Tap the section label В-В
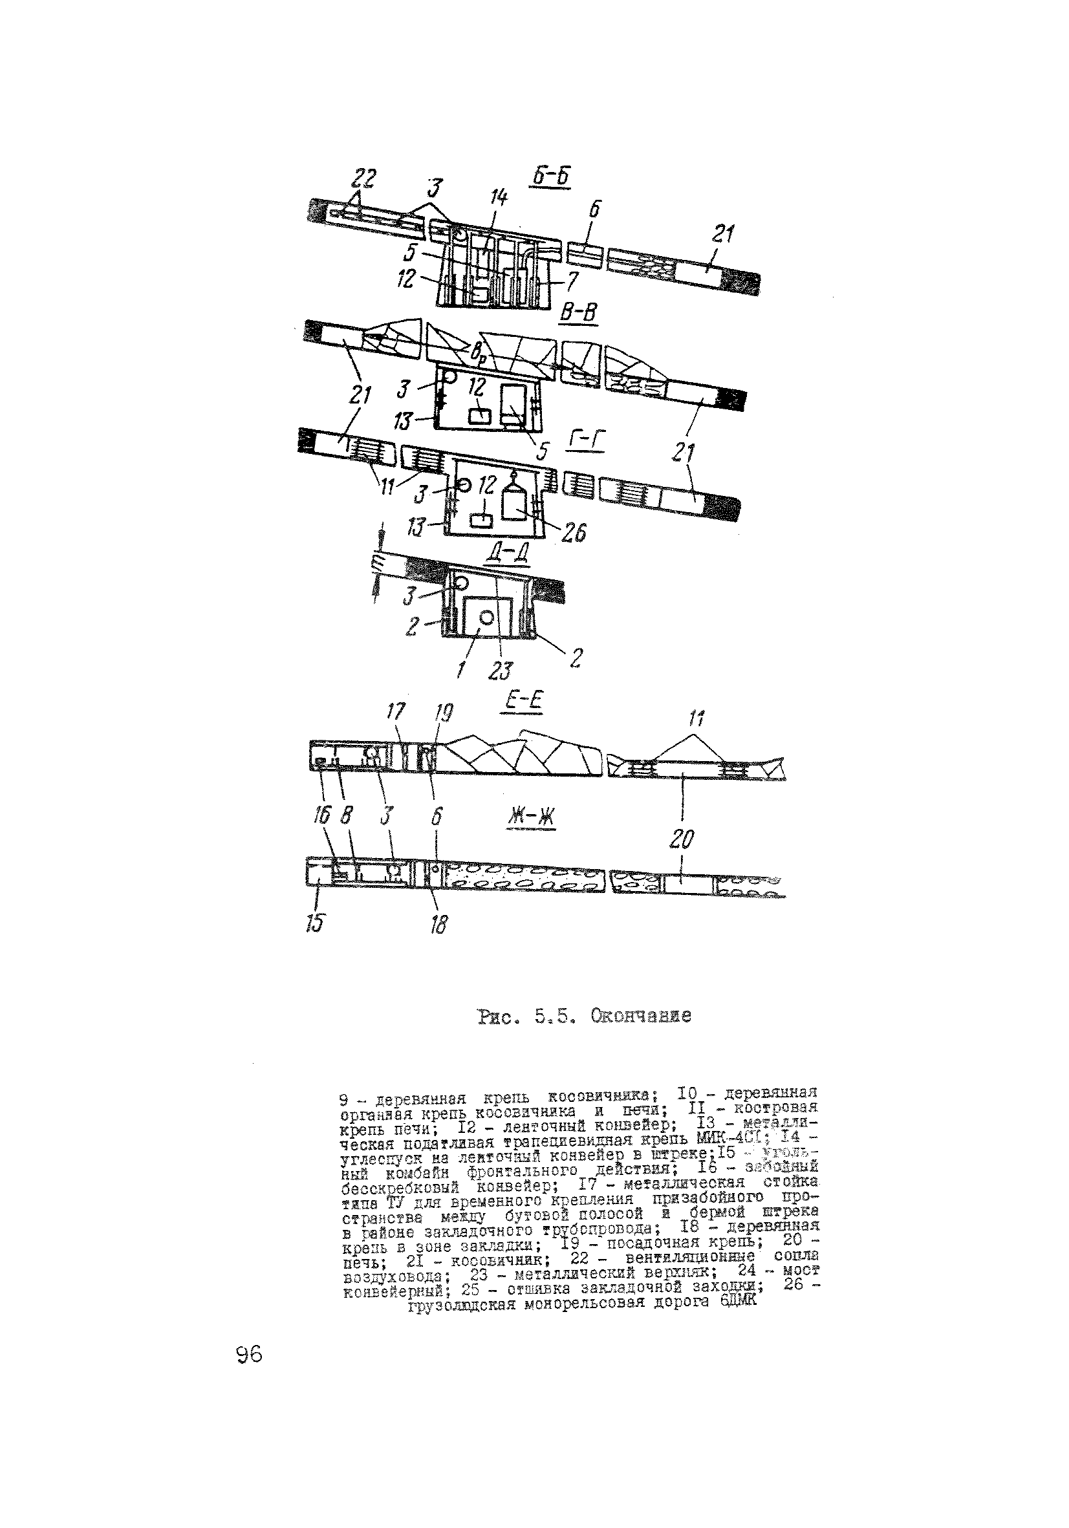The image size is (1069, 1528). point(577,312)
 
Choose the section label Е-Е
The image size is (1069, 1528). point(522,703)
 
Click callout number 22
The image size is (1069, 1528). point(363,180)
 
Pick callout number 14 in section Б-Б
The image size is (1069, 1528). point(499,198)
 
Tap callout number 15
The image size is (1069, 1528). point(316,921)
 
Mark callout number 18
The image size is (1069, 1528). point(438,924)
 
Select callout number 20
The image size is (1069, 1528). point(681,840)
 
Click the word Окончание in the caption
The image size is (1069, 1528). point(639,1017)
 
